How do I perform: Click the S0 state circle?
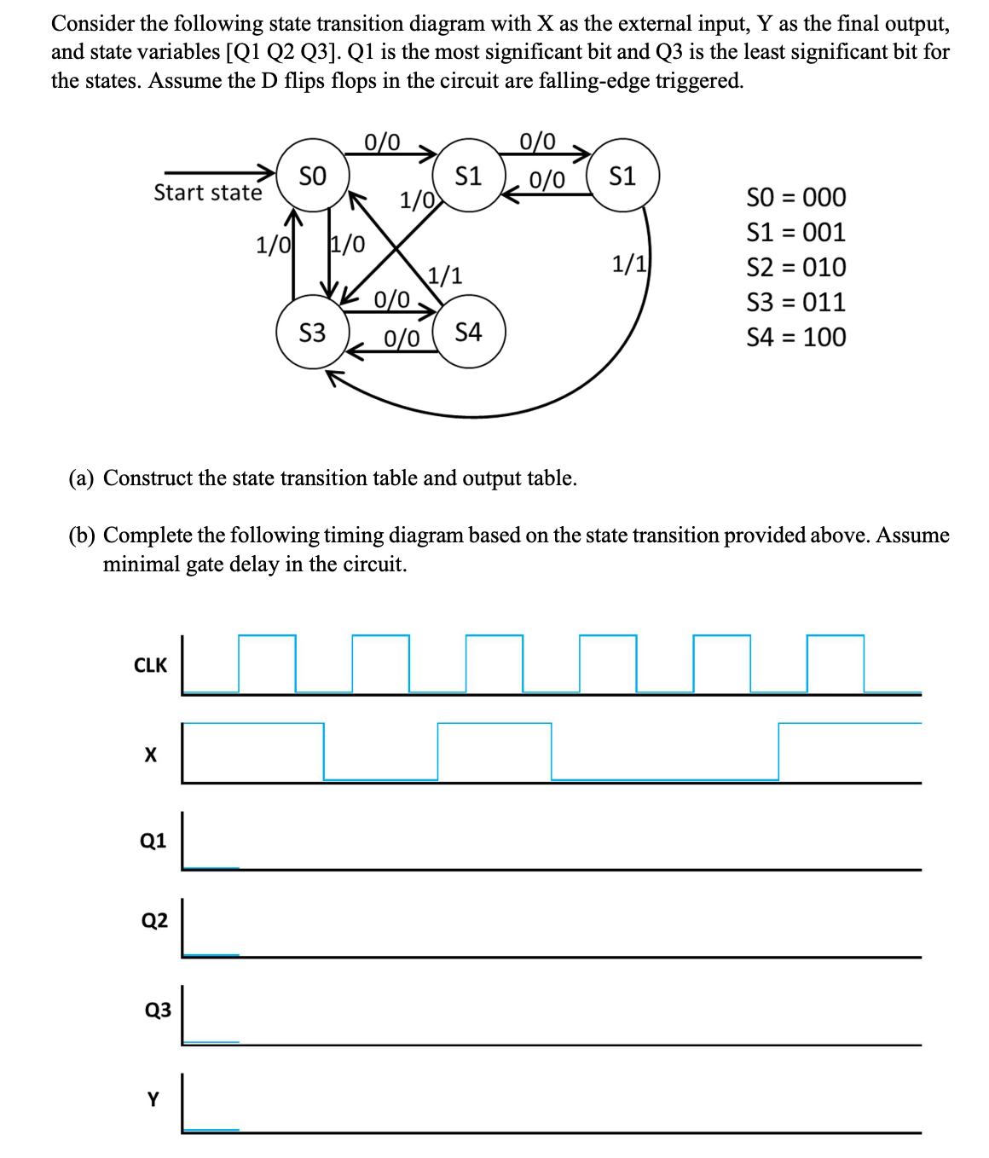tap(312, 177)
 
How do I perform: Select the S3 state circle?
tap(312, 332)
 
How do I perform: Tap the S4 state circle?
tap(469, 332)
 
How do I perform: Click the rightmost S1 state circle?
tap(623, 177)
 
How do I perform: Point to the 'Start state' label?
tap(207, 193)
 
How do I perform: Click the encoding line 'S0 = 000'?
tap(795, 197)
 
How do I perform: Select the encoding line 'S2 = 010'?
tap(795, 267)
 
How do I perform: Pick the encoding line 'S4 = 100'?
tap(795, 337)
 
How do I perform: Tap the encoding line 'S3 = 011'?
tap(795, 302)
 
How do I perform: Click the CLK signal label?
tap(151, 665)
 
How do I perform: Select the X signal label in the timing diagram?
tap(151, 755)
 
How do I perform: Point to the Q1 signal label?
tap(153, 841)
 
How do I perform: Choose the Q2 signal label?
tap(154, 920)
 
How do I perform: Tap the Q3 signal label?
tap(158, 1010)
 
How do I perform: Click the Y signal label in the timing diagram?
tap(153, 1099)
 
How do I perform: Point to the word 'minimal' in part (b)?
tap(142, 565)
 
